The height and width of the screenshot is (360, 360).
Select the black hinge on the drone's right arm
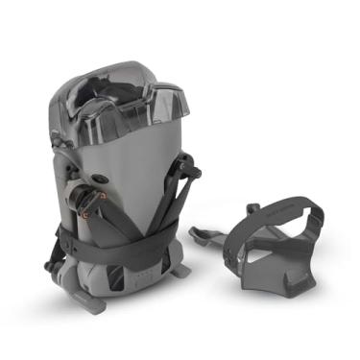[x=187, y=174]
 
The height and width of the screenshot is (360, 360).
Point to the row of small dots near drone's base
[x=143, y=282]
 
